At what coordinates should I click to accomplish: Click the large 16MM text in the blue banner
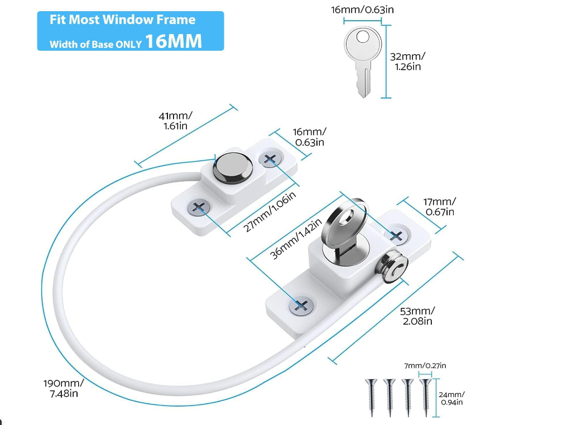(173, 41)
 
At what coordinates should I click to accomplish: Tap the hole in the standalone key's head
(363, 37)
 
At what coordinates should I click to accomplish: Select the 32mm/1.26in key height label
(407, 61)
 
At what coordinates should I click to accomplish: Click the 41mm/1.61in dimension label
(175, 120)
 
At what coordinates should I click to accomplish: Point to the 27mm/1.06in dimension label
(270, 211)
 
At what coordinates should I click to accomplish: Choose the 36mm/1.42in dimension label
(296, 239)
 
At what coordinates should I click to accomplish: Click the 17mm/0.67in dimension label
(440, 207)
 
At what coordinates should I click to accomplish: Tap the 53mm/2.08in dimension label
(417, 316)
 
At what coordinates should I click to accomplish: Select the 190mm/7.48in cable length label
(64, 388)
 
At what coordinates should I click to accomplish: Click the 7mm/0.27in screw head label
(425, 366)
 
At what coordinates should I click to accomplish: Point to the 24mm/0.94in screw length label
(451, 398)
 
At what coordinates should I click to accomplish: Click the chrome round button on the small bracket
(233, 167)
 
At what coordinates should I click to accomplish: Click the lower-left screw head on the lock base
(301, 306)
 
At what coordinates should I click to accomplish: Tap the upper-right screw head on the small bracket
(270, 158)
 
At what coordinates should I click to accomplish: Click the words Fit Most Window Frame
(123, 20)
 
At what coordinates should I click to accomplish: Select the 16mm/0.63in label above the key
(362, 9)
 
